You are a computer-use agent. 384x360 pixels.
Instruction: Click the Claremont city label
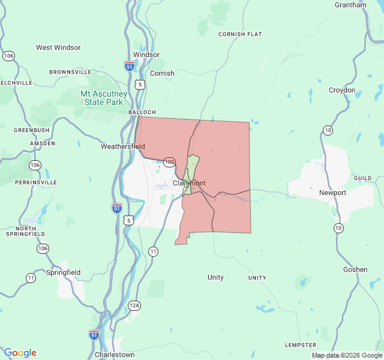[189, 183]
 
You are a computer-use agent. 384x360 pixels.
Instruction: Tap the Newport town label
[332, 193]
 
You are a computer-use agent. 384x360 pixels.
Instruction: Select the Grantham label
[351, 5]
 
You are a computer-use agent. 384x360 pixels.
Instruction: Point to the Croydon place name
[342, 90]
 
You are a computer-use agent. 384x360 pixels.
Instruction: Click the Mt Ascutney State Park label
[104, 98]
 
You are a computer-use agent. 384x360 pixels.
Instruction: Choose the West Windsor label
[58, 47]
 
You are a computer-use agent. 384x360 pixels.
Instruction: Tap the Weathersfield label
[122, 146]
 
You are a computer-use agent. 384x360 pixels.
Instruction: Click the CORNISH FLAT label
[240, 34]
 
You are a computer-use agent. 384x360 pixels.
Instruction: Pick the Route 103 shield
[170, 162]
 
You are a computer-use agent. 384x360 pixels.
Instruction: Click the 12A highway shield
[134, 305]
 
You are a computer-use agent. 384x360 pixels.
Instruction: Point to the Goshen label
[355, 269]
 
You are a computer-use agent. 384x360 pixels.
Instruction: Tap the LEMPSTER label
[301, 345]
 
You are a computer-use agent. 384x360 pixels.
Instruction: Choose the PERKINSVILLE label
[36, 182]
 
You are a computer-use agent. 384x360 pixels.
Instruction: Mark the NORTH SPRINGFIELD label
[26, 233]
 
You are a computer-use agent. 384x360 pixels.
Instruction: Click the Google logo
[20, 353]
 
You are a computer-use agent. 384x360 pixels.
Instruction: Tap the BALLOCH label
[142, 112]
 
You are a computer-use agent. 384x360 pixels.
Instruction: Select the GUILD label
[362, 178]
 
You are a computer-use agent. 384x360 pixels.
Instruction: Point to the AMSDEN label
[43, 143]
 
